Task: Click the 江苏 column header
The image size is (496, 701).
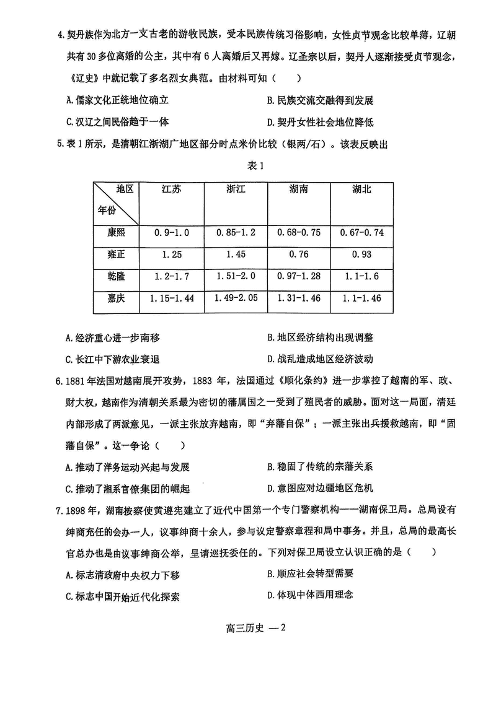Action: (172, 189)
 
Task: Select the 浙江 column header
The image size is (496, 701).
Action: (236, 189)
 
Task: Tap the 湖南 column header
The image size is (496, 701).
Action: (298, 189)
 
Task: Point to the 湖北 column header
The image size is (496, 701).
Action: (362, 189)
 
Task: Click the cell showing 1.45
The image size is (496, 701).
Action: (236, 255)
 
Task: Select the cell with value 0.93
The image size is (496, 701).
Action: (362, 255)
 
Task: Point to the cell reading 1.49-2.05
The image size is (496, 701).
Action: (236, 298)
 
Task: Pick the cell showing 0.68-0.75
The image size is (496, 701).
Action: (298, 232)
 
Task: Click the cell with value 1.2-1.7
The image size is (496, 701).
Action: (172, 276)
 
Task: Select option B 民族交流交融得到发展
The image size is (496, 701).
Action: (320, 100)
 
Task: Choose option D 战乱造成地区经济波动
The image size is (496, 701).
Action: (320, 359)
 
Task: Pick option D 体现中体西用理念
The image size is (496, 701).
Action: (310, 595)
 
